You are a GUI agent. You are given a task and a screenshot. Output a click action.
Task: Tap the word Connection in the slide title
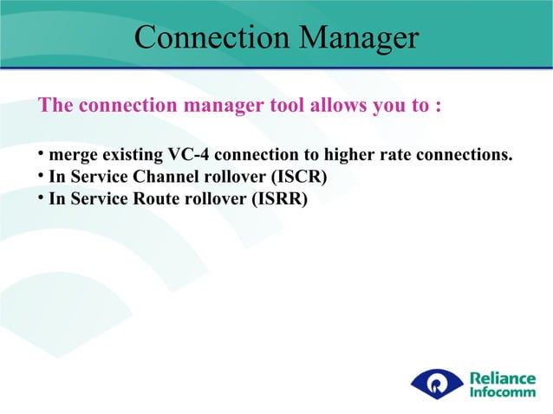(206, 37)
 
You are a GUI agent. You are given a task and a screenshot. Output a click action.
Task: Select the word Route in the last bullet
(146, 199)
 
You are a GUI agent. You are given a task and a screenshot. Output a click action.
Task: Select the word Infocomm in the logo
(502, 392)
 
